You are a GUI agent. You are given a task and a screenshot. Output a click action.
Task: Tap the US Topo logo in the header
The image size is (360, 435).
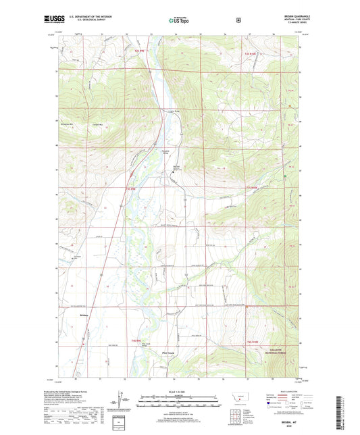click(x=178, y=22)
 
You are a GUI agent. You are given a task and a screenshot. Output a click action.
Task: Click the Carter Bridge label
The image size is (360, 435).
click(x=173, y=111)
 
